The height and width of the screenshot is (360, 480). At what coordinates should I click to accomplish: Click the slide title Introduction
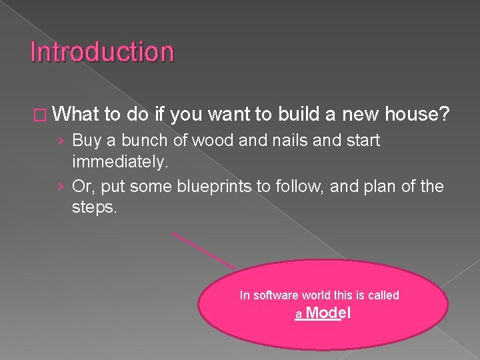click(102, 52)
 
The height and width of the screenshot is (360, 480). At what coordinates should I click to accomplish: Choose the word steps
click(94, 207)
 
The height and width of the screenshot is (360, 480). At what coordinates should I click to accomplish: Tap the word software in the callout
click(277, 295)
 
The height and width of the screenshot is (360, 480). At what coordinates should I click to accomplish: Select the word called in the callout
click(383, 295)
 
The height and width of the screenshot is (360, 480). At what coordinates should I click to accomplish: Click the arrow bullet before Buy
click(61, 141)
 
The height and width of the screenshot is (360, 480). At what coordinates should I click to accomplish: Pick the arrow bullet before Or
click(61, 187)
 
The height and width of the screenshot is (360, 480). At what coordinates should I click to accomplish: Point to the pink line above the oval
click(203, 249)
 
